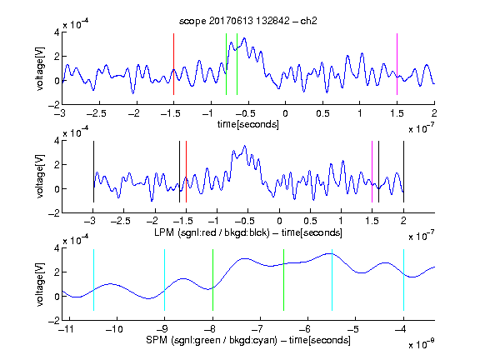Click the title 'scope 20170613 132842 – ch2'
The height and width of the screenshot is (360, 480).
(248, 21)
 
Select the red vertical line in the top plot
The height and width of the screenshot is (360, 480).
(173, 64)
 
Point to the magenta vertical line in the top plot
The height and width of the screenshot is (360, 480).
(397, 64)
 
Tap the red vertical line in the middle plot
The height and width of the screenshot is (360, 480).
(186, 172)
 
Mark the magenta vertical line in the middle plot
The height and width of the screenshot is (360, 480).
(372, 172)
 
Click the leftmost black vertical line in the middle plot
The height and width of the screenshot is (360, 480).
(93, 172)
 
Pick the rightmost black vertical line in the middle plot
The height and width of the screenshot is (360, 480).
(403, 172)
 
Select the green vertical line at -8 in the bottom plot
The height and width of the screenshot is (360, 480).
(212, 280)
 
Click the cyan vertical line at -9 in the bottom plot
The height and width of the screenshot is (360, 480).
(164, 280)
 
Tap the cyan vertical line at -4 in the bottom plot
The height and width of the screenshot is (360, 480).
(403, 280)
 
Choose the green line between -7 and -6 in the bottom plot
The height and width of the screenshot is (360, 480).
(284, 280)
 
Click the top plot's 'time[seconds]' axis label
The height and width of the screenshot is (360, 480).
(248, 124)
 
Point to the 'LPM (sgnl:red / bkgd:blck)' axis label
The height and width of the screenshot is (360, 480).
(212, 232)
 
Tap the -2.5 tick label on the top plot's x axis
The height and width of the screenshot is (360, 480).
(96, 113)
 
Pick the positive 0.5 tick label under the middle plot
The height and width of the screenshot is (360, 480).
(310, 221)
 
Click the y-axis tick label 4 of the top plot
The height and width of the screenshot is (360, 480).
(57, 32)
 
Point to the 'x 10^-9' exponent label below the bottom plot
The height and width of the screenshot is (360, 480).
(421, 344)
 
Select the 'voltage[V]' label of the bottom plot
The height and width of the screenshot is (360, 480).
(40, 284)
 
